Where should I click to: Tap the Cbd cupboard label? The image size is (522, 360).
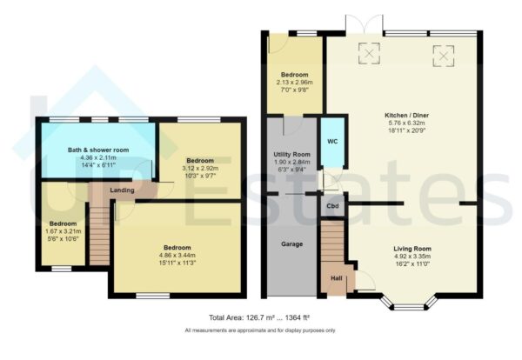pyautogui.click(x=332, y=207)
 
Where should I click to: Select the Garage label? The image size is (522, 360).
pyautogui.click(x=291, y=244)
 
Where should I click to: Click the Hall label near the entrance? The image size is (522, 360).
pyautogui.click(x=335, y=279)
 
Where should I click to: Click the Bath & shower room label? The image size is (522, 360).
pyautogui.click(x=97, y=150)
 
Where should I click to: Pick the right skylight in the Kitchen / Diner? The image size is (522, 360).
pyautogui.click(x=444, y=55)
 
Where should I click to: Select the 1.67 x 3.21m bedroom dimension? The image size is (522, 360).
pyautogui.click(x=63, y=231)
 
